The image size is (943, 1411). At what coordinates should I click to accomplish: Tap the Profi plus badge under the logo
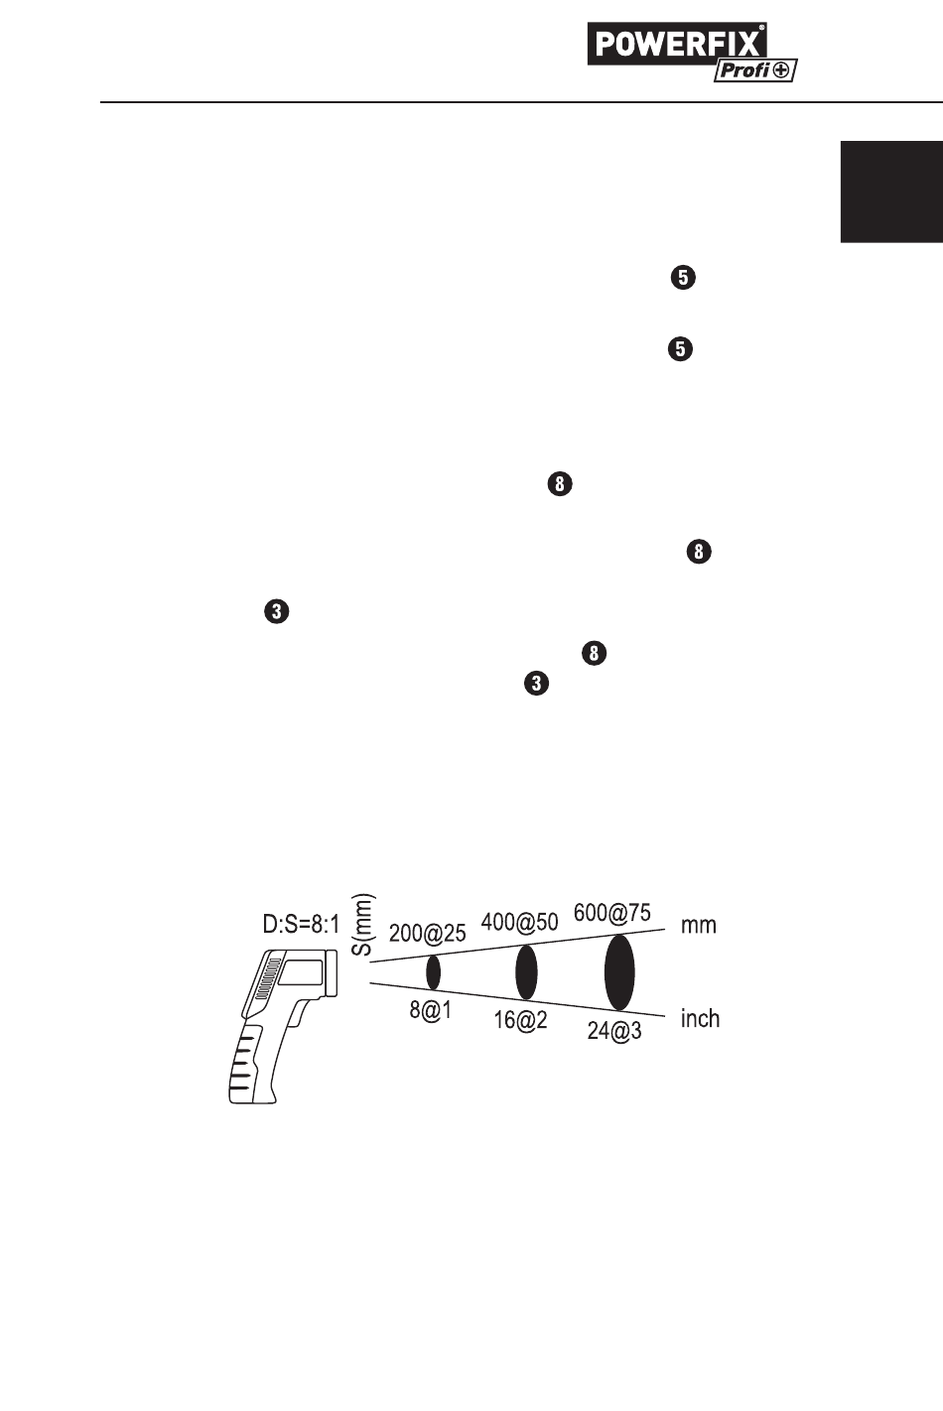click(755, 71)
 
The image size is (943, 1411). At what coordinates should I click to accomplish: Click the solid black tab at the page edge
click(891, 191)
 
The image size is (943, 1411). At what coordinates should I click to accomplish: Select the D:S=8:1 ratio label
click(300, 925)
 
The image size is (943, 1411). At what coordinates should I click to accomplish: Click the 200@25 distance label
click(427, 933)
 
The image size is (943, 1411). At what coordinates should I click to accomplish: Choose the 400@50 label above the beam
click(519, 921)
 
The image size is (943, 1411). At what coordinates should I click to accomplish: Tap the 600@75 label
click(612, 912)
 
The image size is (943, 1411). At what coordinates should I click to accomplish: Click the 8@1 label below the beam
click(431, 1012)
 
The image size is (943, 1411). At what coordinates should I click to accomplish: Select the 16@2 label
click(520, 1021)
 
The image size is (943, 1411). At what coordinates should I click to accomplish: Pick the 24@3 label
click(613, 1031)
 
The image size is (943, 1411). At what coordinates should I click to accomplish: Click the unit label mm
click(698, 925)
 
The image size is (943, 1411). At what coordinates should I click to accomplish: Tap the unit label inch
click(700, 1018)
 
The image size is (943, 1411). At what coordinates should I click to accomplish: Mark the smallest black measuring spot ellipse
click(433, 972)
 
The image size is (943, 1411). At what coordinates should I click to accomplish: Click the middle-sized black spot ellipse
click(526, 972)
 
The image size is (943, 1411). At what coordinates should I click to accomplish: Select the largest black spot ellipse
click(619, 972)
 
